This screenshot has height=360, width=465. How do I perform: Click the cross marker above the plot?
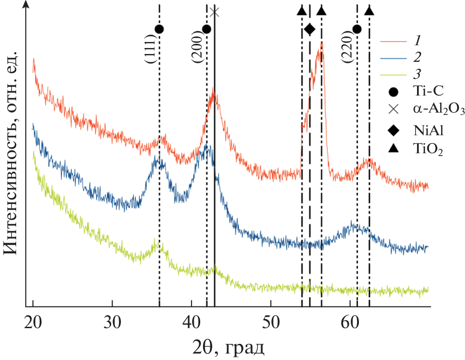click(x=214, y=12)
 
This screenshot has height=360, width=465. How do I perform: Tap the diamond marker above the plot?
click(x=310, y=30)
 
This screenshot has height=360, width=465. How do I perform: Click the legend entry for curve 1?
click(x=417, y=41)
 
